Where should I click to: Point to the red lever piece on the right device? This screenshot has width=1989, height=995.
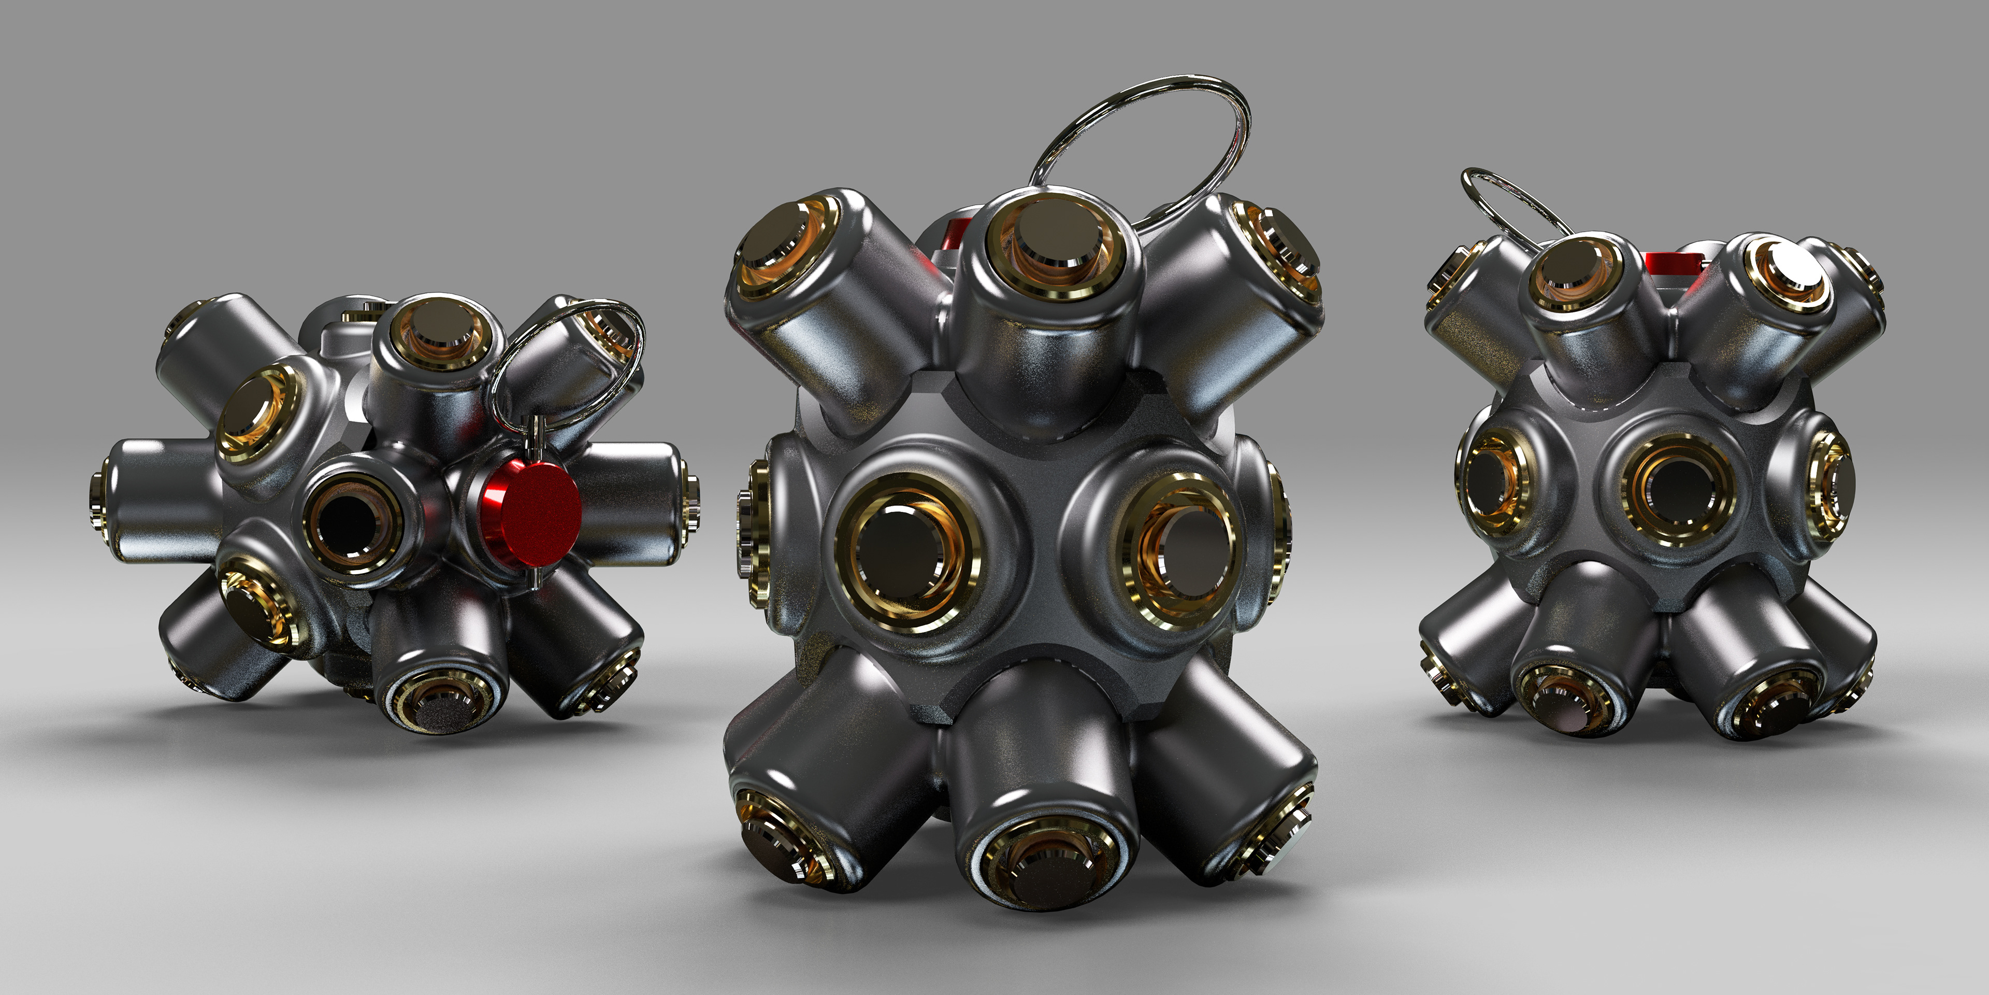1671,263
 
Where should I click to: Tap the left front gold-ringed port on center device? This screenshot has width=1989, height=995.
908,553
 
